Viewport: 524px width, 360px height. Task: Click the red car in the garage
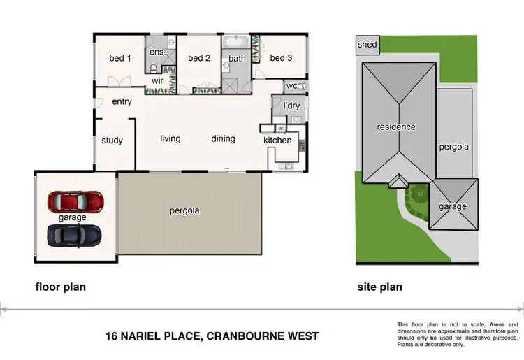tap(75, 202)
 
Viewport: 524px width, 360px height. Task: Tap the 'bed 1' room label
tap(120, 58)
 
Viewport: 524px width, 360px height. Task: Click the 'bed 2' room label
tap(199, 58)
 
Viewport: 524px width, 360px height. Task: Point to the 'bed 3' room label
tap(281, 58)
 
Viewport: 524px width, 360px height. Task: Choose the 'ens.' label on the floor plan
tap(157, 52)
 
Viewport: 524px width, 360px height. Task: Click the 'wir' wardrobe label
tap(158, 81)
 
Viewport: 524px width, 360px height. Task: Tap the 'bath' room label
tap(238, 59)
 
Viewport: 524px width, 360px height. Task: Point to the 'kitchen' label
tap(277, 141)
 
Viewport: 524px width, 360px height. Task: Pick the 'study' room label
tap(112, 141)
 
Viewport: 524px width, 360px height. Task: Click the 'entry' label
tap(122, 102)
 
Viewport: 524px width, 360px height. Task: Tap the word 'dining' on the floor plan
tap(224, 138)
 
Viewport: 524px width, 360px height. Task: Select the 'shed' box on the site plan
tap(367, 45)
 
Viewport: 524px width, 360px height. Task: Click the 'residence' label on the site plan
tap(396, 127)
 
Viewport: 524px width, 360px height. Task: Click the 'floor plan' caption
tap(60, 287)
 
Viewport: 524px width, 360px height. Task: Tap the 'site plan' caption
tap(379, 287)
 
